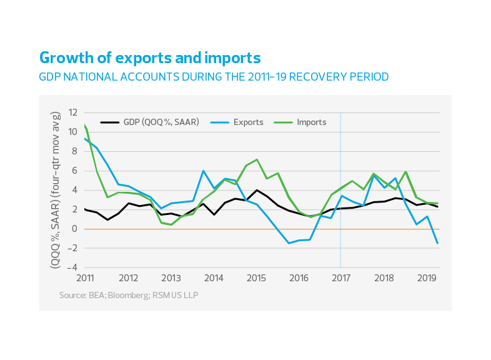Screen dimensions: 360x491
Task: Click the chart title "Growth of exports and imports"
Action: pos(149,58)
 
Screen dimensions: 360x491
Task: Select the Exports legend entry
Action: pos(248,122)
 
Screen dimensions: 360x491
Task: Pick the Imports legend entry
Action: pos(311,122)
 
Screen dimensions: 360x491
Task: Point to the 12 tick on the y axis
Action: pos(73,112)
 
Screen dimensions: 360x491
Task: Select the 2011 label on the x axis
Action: pos(85,277)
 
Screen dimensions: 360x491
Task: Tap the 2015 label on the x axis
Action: pos(255,277)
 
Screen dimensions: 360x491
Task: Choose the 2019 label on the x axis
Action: pos(426,277)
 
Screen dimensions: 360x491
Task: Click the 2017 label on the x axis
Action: pos(340,277)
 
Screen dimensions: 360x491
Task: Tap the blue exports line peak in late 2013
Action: pos(204,171)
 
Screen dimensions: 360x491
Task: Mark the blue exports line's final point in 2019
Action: pos(437,243)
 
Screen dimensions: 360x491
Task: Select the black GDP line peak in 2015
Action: pos(256,190)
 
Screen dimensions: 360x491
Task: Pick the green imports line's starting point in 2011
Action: pos(85,125)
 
